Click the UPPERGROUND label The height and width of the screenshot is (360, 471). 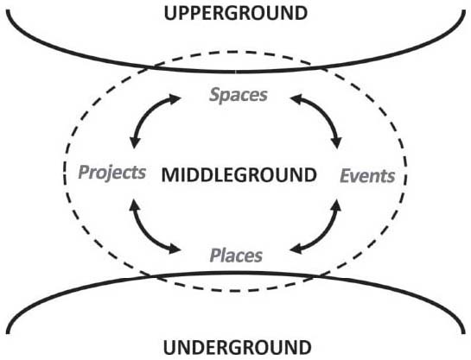click(236, 14)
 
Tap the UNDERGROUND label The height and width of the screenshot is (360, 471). click(238, 348)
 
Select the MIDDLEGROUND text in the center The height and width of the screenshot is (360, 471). click(239, 175)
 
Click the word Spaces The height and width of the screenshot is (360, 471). click(239, 95)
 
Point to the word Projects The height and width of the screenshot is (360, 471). click(112, 173)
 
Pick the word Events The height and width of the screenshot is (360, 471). click(367, 176)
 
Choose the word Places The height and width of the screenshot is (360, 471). click(236, 256)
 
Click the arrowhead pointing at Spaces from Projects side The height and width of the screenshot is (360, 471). click(175, 98)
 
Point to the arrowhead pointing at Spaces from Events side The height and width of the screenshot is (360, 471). click(296, 98)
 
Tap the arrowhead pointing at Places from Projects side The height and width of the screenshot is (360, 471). click(175, 249)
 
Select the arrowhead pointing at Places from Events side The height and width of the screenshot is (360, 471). click(296, 249)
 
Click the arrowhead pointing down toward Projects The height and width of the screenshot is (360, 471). click(134, 142)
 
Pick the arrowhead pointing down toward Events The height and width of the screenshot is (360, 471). click(337, 142)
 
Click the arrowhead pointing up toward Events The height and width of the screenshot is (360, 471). click(337, 205)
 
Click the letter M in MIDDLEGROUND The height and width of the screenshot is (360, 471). click(169, 175)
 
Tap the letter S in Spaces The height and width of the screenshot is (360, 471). click(214, 94)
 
